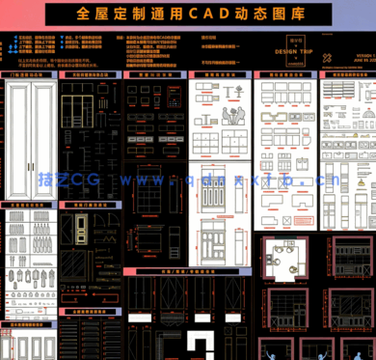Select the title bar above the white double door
[x=32, y=73]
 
